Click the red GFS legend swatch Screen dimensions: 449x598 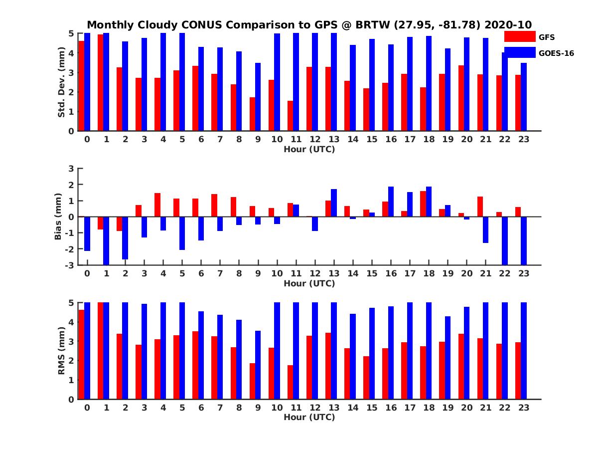520,36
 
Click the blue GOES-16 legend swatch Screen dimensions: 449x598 520,52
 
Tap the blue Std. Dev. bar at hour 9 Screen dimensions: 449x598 258,97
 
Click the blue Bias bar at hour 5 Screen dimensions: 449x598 182,233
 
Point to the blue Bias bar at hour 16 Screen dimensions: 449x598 391,202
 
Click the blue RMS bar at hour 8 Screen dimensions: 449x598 239,359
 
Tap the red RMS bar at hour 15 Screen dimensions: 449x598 366,378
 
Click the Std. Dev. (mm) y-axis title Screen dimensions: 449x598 62,82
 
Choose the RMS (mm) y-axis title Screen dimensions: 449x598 62,351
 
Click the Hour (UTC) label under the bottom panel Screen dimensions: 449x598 309,417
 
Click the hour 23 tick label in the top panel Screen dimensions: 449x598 524,139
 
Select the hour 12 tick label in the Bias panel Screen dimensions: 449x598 314,274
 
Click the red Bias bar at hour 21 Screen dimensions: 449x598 480,207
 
